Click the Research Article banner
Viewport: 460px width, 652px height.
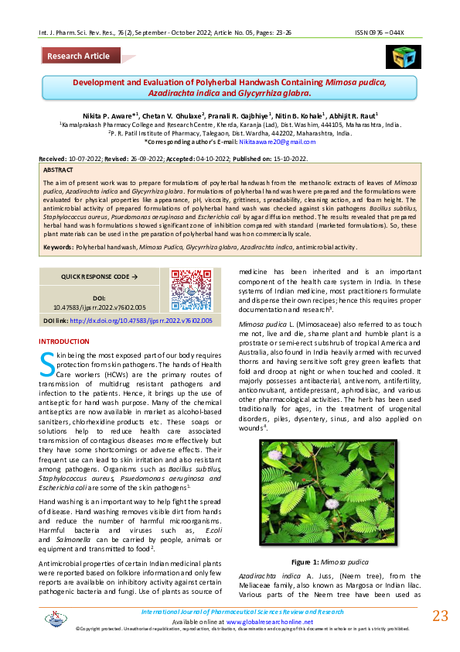[78, 56]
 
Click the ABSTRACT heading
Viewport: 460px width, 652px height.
[60, 169]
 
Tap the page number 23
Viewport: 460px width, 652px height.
[440, 616]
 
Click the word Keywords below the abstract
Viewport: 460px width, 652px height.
[58, 246]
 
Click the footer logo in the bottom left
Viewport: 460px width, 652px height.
[56, 618]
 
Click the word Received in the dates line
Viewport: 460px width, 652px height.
[53, 158]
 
